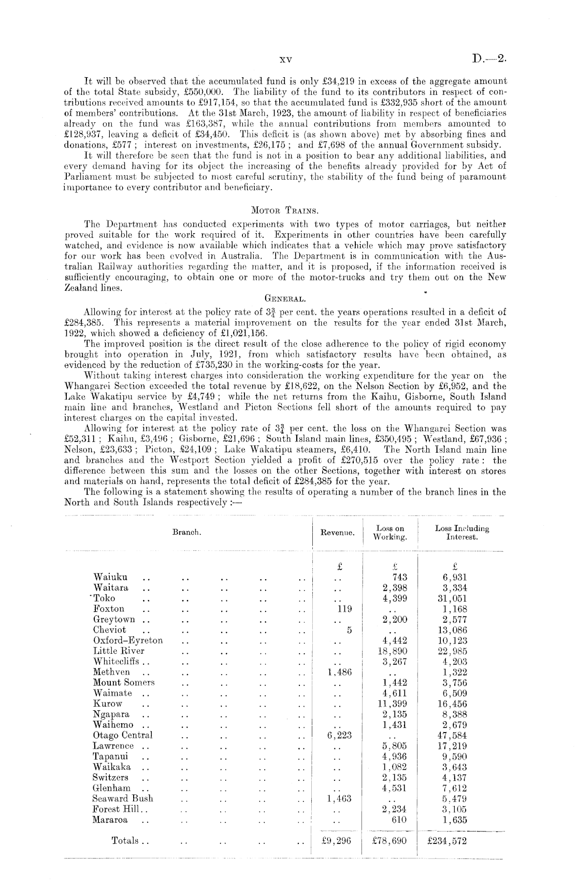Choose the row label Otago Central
tap(123, 735)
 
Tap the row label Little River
tap(119, 651)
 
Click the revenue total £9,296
tap(336, 841)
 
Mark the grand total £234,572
tap(447, 841)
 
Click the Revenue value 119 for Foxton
tap(344, 609)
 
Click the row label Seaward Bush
tap(123, 798)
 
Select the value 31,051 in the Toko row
tap(452, 598)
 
